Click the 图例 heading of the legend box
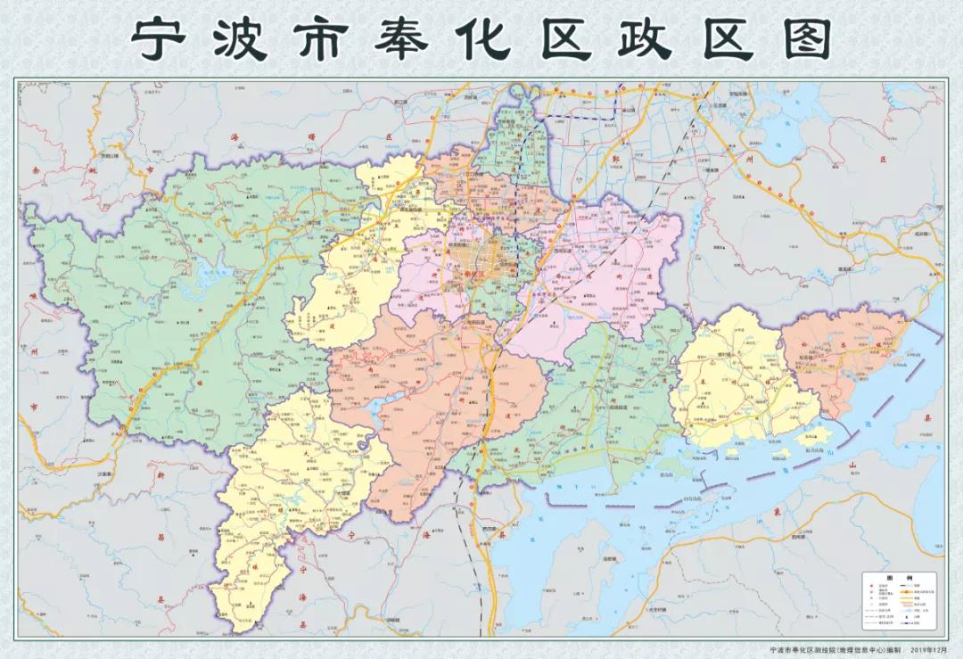click(x=898, y=578)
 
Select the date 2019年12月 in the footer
click(x=927, y=651)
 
